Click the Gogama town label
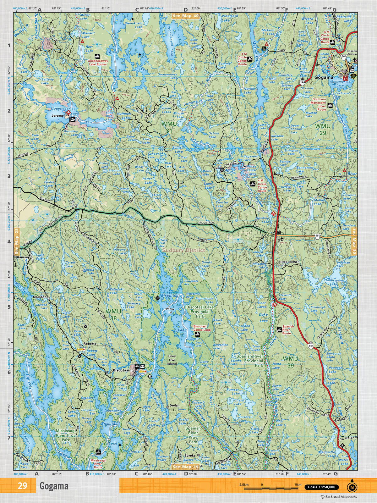(x=323, y=77)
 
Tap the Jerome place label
(x=58, y=116)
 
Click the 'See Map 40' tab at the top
(x=185, y=15)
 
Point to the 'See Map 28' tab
(x=17, y=241)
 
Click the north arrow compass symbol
(x=352, y=487)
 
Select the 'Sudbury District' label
(x=184, y=250)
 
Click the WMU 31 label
(x=169, y=127)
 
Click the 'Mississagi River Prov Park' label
(x=66, y=435)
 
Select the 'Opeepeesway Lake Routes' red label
(x=97, y=63)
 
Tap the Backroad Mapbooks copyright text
(x=339, y=497)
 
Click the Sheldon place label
(x=40, y=297)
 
